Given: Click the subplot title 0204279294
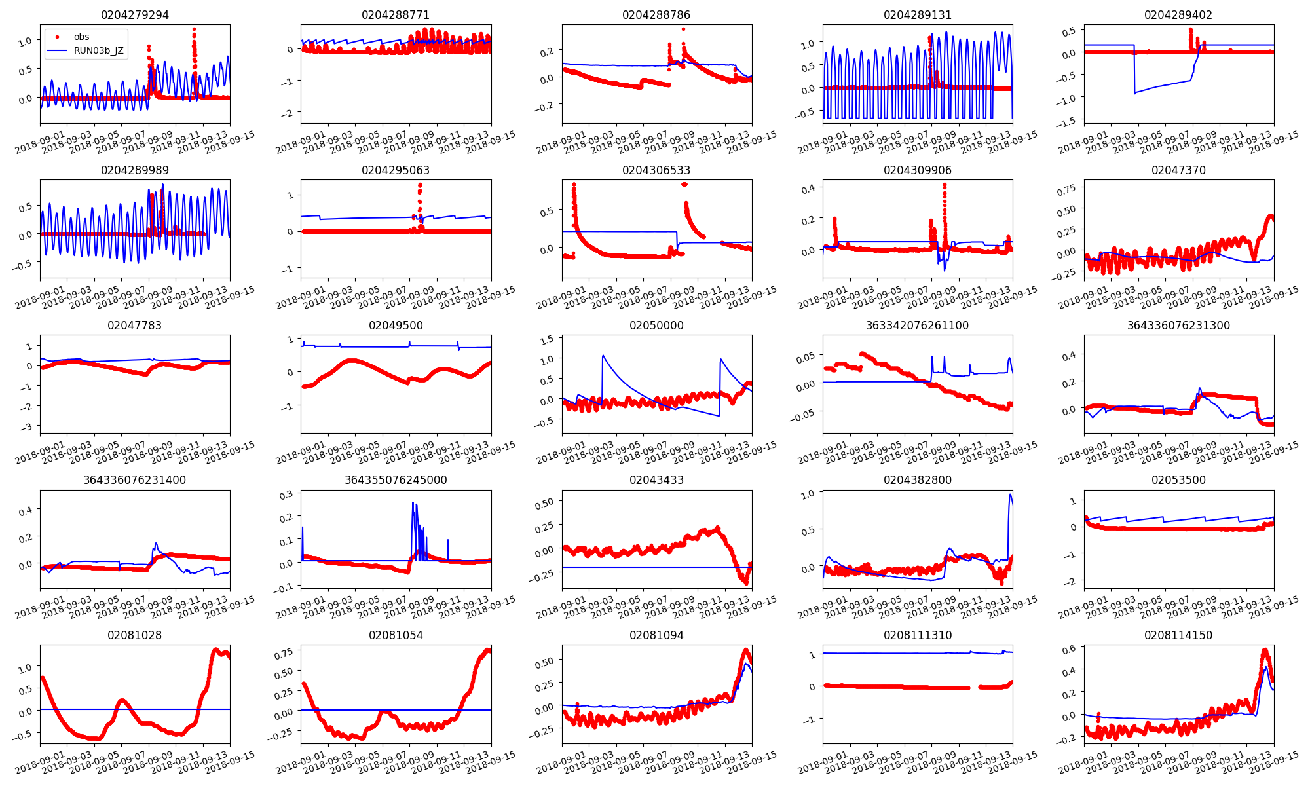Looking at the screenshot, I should [134, 15].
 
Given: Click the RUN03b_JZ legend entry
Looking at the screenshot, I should [98, 50].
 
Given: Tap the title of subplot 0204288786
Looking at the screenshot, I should [656, 15].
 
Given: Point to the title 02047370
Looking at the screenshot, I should [1178, 170].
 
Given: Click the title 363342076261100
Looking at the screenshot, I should [917, 326].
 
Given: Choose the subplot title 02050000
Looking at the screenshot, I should [656, 326].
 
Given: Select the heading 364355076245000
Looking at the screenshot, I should [396, 480].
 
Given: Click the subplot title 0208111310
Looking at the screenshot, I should [917, 635].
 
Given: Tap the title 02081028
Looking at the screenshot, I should [134, 635].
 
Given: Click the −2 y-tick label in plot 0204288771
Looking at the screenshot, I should [288, 113].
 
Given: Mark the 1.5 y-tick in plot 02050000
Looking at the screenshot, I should [546, 339].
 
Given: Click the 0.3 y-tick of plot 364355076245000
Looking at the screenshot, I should [286, 495].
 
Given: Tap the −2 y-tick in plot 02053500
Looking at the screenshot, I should [1072, 582].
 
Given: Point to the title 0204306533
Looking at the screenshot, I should [656, 170].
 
